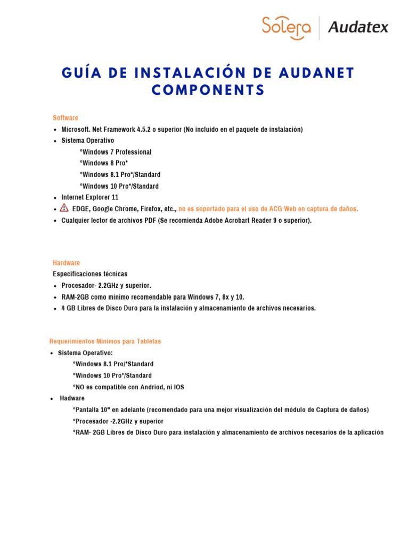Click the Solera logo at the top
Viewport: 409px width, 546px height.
click(286, 28)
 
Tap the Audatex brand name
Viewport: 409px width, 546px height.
click(358, 27)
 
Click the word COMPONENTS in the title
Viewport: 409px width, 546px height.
click(208, 91)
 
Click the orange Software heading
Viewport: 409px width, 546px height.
click(66, 118)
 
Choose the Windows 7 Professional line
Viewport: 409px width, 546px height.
click(116, 152)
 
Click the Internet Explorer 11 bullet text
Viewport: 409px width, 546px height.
click(90, 197)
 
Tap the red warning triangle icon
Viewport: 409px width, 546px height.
click(64, 208)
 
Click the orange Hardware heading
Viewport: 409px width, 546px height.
click(67, 263)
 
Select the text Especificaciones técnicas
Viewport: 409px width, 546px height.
click(87, 274)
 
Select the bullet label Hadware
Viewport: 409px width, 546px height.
click(72, 398)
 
